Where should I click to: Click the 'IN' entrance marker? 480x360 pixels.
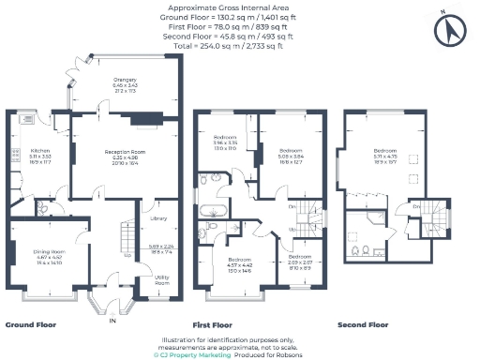[112, 319]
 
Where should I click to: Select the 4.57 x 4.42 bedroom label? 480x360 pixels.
[240, 265]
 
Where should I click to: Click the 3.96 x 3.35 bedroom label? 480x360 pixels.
[224, 142]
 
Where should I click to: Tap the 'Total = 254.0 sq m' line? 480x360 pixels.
[240, 44]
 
